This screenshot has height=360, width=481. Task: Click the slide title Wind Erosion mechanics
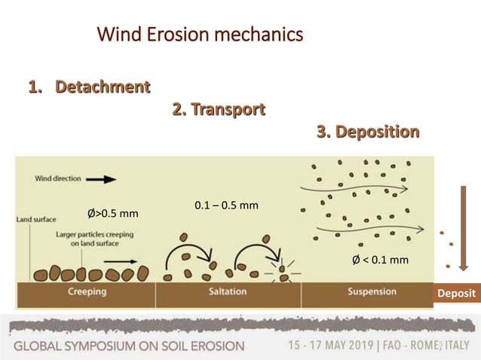(200, 35)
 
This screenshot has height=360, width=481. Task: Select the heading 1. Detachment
(88, 87)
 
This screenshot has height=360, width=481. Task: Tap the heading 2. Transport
(219, 110)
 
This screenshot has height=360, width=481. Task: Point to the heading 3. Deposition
(368, 133)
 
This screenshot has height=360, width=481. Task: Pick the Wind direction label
(55, 179)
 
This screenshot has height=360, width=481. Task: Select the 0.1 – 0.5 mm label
(226, 205)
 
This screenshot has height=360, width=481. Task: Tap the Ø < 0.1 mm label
(381, 260)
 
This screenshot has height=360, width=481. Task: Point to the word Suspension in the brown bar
(372, 291)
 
